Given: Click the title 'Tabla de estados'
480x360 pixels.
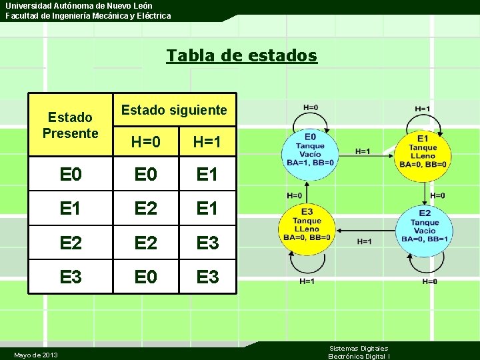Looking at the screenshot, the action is pos(242,55).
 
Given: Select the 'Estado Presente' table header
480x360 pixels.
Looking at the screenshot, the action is pos(70,125).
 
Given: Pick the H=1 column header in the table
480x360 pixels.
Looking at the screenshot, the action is pos(207,141).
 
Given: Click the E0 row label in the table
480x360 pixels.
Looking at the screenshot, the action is pos(71,175).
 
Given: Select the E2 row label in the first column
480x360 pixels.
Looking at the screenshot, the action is pos(71,243).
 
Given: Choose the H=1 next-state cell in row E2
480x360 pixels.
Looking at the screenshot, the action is pos(207,243).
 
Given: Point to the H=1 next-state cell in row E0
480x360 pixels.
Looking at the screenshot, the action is pos(207,175).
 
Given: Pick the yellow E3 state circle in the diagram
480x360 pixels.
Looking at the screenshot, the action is pos(307,229).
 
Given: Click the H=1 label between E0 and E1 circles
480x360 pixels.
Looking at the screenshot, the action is pos(363,151).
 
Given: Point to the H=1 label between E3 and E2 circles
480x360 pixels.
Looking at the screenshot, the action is pos(365,241).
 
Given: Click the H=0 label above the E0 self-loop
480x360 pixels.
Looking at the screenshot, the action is pos(311,107).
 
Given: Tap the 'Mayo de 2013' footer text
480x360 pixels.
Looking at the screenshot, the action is pos(35,354).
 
